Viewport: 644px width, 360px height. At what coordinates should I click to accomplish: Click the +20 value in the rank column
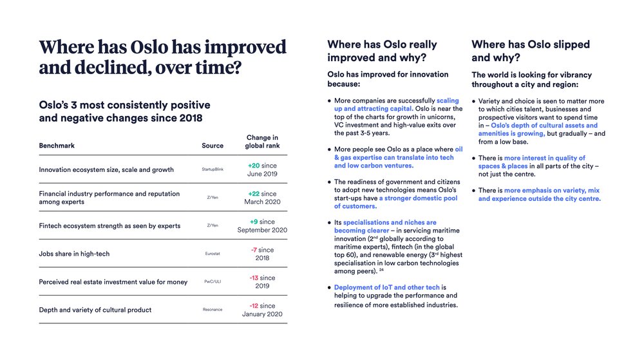[254, 166]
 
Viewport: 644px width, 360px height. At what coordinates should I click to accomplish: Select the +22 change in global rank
[254, 193]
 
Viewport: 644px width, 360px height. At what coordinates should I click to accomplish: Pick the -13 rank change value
[254, 278]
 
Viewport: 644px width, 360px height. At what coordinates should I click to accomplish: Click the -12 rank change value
[254, 306]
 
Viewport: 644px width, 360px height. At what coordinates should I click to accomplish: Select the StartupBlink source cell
[213, 170]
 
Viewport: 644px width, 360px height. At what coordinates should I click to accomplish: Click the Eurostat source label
[213, 254]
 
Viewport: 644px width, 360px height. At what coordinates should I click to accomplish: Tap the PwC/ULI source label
[213, 282]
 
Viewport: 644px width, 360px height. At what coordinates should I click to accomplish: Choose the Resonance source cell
[213, 310]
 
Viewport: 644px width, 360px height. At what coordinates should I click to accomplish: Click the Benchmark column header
[57, 146]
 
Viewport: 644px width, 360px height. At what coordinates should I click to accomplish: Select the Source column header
[213, 146]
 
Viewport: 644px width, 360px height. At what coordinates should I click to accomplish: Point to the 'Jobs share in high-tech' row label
[74, 254]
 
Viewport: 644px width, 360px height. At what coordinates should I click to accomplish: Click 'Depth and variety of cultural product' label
[95, 310]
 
